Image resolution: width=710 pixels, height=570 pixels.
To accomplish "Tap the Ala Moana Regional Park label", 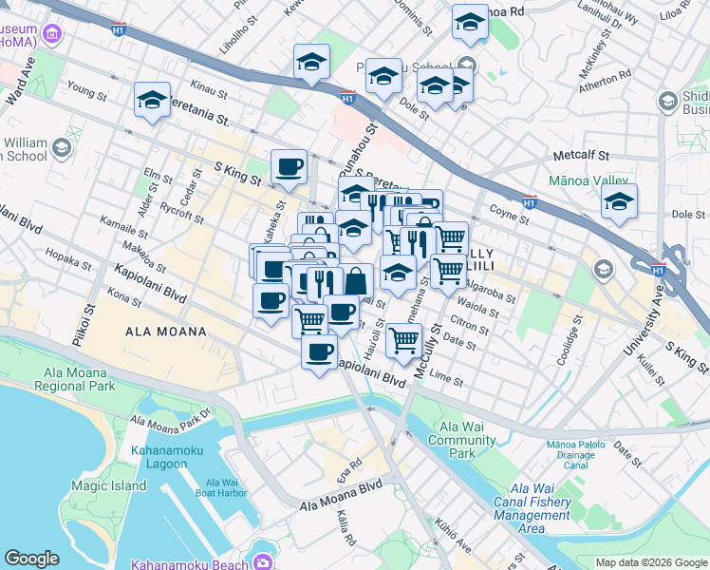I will click(74, 379).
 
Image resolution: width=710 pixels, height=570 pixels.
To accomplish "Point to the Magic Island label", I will click(108, 485).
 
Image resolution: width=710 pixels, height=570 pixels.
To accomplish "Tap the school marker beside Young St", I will click(153, 101).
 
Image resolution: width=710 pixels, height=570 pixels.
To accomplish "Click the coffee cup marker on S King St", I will click(289, 166).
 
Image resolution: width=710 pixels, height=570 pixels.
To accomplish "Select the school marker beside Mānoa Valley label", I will click(619, 202).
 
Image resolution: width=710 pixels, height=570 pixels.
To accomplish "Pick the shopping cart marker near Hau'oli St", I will click(405, 338).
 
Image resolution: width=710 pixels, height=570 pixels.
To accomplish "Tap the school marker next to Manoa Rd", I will click(470, 23).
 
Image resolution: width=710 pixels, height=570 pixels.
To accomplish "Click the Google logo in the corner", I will click(31, 559).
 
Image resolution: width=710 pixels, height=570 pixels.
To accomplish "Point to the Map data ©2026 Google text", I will click(651, 562).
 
